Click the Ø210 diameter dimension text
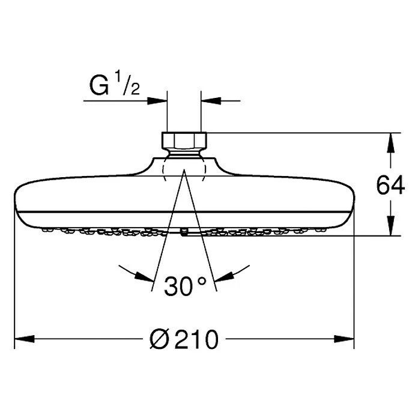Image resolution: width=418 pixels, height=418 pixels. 184,339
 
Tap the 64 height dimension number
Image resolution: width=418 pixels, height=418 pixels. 390,185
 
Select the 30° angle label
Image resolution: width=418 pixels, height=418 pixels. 185,286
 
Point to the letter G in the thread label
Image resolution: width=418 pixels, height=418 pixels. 99,86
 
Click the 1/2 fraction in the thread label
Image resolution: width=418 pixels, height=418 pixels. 127,85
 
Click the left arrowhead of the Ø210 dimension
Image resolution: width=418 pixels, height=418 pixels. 25,339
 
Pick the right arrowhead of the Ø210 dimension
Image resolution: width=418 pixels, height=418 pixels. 344,339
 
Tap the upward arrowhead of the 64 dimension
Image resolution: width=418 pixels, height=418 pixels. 391,143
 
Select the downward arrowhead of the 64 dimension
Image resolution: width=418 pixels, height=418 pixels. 391,226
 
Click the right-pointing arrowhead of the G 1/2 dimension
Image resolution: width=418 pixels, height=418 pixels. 157,101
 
